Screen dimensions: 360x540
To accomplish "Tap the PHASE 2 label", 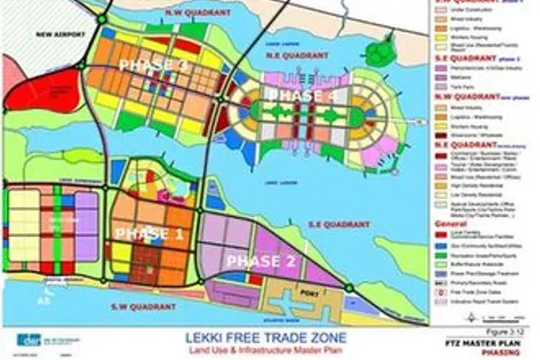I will click(259, 261).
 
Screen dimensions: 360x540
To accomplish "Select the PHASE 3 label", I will click(153, 66).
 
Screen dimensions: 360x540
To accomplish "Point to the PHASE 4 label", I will click(301, 94).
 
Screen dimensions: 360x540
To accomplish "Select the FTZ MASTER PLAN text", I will click(499, 343).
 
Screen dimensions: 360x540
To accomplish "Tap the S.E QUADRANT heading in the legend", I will click(461, 56).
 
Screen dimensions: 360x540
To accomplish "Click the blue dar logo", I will click(26, 339).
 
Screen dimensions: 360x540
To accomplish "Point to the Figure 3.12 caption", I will click(515, 332).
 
